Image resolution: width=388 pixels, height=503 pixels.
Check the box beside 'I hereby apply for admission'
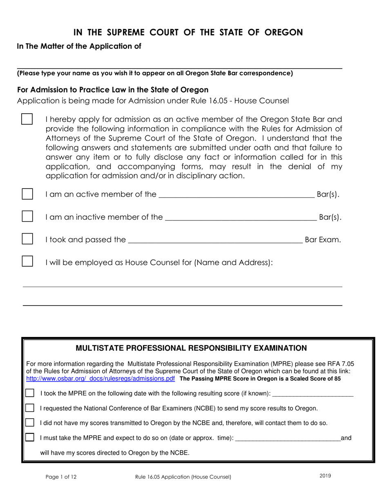(x=27, y=119)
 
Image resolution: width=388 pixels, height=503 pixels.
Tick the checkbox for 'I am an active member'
(x=27, y=194)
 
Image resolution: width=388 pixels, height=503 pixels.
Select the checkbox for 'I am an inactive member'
(x=27, y=216)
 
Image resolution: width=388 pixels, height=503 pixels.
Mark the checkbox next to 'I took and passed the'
(x=27, y=239)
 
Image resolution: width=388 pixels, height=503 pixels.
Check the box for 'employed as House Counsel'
(x=27, y=261)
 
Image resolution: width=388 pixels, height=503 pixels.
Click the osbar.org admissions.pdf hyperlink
(x=100, y=379)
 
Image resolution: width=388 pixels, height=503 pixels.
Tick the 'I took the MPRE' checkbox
(x=30, y=393)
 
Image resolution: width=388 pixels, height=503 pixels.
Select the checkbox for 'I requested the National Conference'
(x=30, y=408)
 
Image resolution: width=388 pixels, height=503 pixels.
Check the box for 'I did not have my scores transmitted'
(x=30, y=422)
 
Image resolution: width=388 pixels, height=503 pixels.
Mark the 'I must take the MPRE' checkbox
(x=30, y=437)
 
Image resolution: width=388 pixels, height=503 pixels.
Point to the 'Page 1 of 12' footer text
(x=61, y=477)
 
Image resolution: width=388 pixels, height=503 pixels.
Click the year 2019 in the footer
(x=326, y=476)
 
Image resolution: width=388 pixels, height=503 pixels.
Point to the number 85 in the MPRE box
(x=337, y=379)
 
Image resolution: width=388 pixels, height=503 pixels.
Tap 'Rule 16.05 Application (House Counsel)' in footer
(x=183, y=477)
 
